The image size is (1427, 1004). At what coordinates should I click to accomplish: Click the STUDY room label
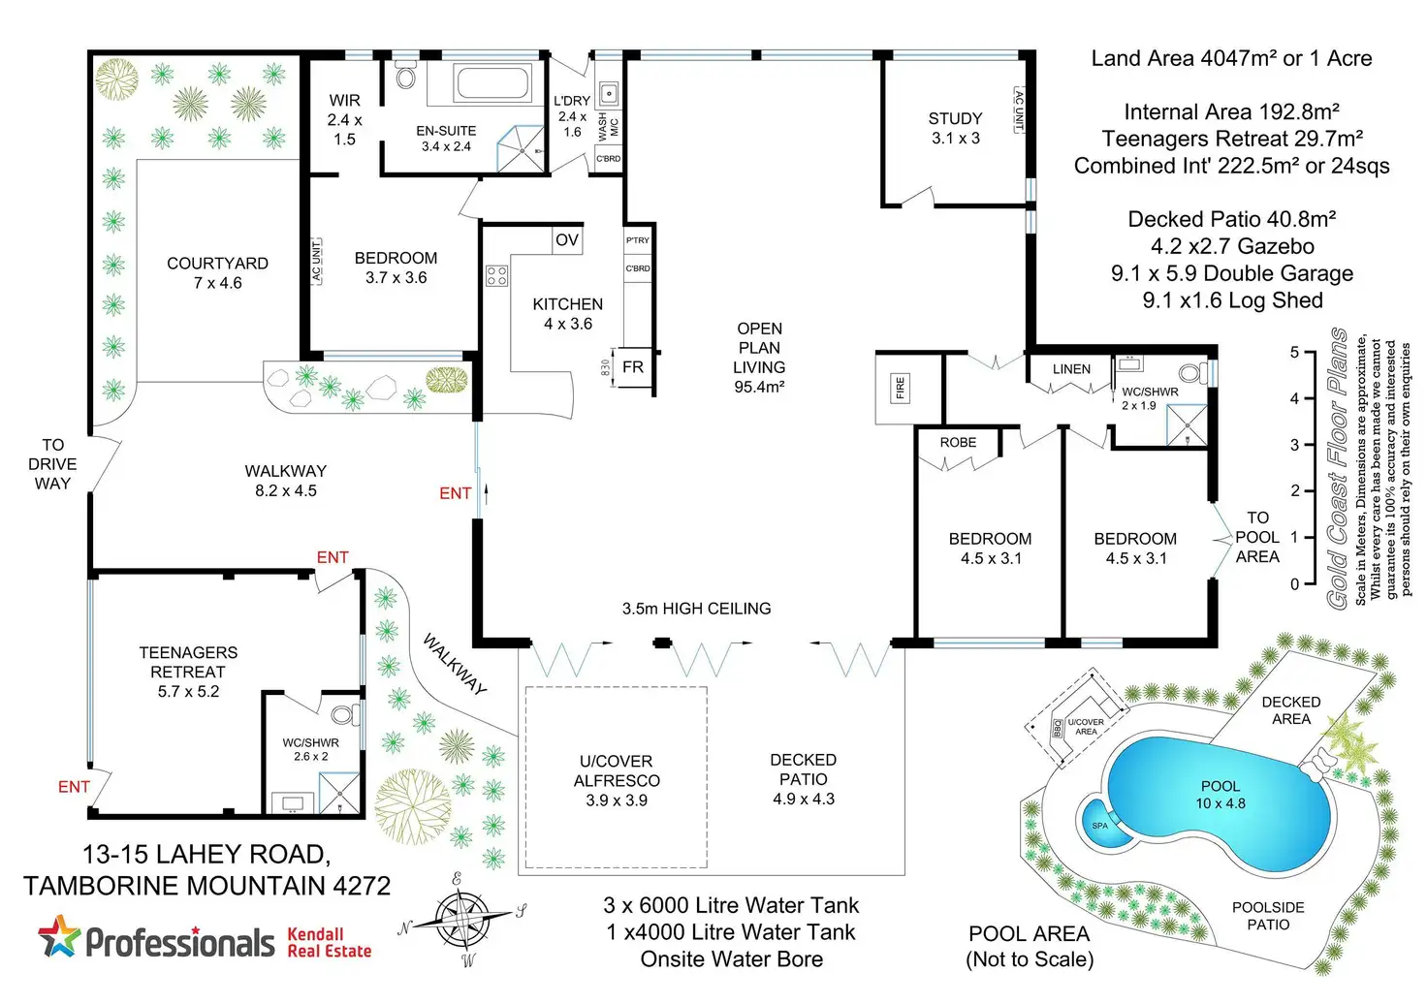955,119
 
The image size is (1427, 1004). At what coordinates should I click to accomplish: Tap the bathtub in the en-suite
492,82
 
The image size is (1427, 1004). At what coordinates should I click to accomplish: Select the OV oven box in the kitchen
567,239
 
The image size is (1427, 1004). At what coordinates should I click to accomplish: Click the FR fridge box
632,367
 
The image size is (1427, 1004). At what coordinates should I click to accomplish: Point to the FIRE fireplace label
900,388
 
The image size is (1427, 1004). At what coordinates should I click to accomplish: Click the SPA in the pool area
1100,825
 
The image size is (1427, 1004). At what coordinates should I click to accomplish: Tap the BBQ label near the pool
1057,728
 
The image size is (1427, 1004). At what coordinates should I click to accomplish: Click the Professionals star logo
59,938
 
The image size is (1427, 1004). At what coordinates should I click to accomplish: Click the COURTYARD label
217,264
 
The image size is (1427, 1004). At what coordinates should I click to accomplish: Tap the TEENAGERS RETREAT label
188,662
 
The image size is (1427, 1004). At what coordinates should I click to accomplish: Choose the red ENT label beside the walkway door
455,493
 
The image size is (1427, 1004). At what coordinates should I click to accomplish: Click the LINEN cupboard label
1071,369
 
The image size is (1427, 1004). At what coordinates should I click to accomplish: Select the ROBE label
958,443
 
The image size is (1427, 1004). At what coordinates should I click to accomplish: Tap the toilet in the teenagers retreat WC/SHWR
342,716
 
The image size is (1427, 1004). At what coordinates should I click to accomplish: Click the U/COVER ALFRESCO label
617,771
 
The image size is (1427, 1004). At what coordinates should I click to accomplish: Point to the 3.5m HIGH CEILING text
696,609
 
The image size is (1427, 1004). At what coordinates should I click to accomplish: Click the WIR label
344,101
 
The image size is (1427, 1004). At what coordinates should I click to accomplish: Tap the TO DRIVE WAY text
52,464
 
